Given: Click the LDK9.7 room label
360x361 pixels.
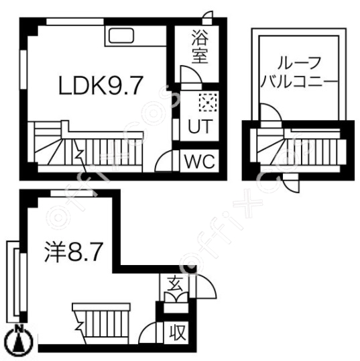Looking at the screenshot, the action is (x=100, y=86).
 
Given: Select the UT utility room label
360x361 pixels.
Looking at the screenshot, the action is (x=199, y=126).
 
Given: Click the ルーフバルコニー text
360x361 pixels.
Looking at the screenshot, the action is (x=299, y=72).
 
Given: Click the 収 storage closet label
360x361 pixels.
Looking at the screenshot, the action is (x=178, y=332).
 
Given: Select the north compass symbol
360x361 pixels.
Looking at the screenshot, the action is (x=19, y=339).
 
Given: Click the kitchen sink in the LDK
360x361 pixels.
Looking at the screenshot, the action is (x=121, y=36).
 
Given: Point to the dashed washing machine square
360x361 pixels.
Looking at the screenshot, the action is (x=208, y=102).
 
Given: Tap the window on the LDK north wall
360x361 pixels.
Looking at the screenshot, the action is (x=75, y=21).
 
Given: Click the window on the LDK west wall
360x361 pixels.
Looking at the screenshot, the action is (x=23, y=70).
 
